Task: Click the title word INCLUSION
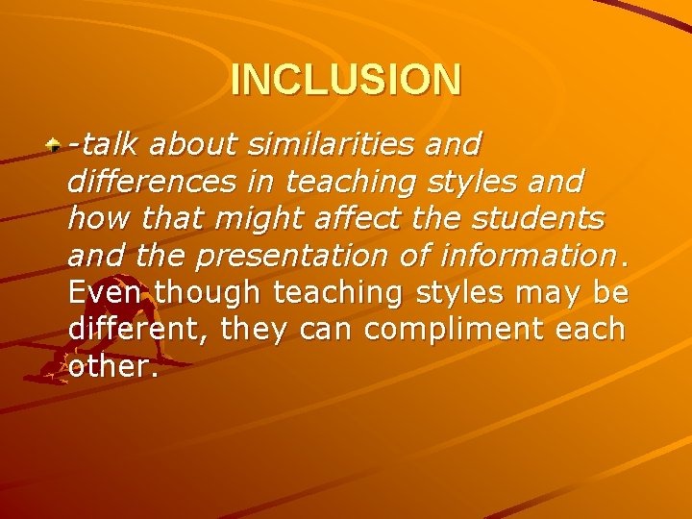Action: tap(346, 80)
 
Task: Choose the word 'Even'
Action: tap(107, 292)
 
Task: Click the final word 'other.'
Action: tap(112, 366)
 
